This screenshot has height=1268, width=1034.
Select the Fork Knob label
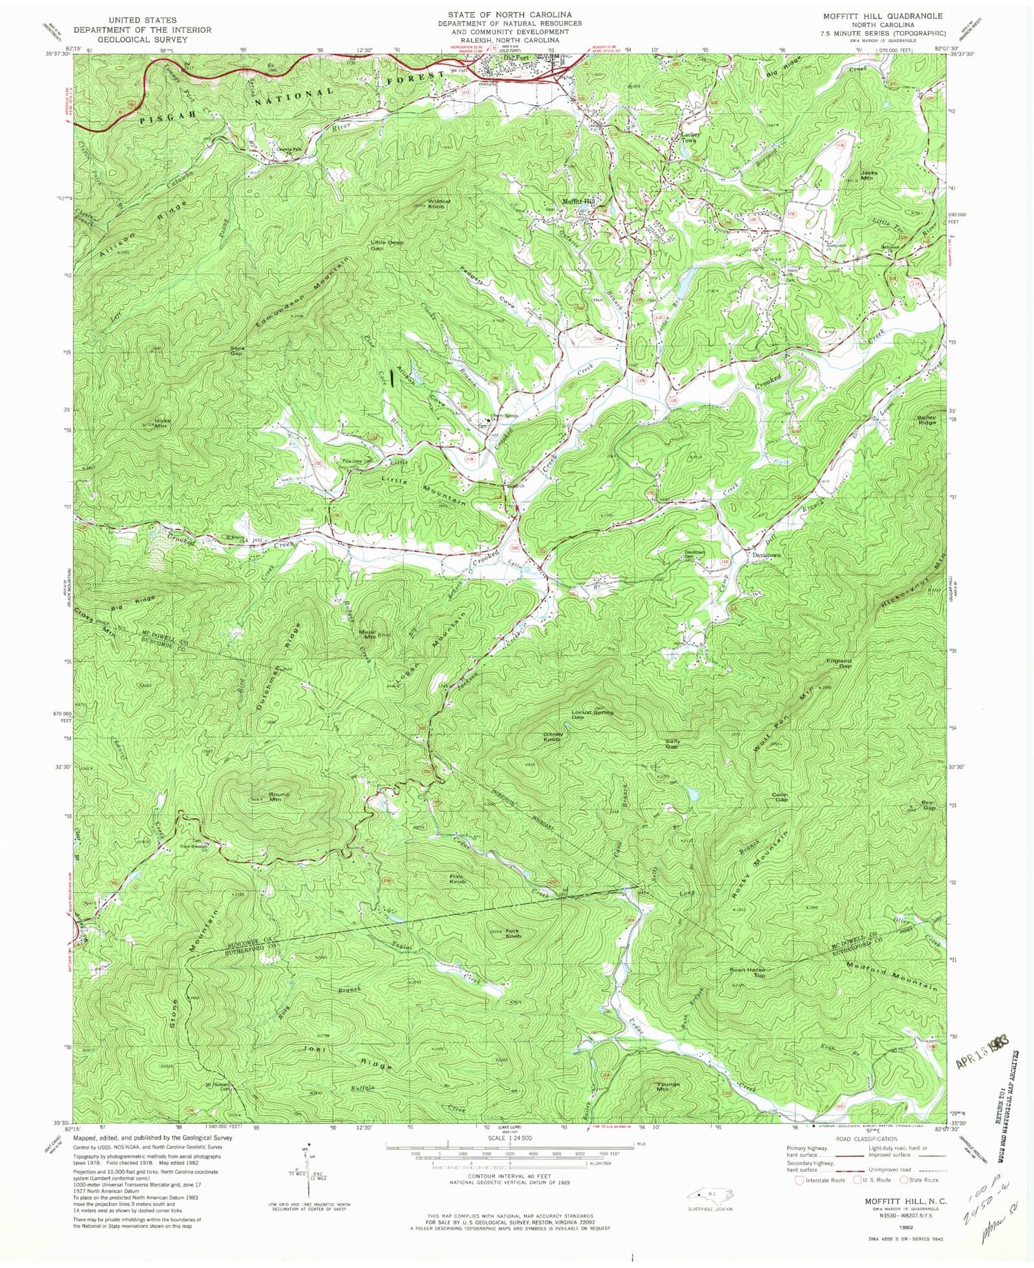click(x=512, y=933)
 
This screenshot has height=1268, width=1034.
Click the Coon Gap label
click(x=779, y=797)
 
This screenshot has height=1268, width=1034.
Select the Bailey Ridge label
click(x=926, y=419)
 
